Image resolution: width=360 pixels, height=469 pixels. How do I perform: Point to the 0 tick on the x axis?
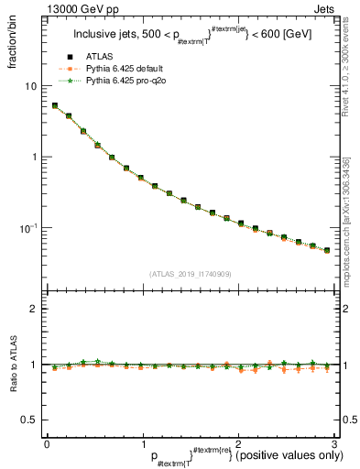47,442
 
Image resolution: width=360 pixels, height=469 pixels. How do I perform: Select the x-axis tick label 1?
142,442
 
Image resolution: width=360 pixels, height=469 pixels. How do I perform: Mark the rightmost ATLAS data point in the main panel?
326,249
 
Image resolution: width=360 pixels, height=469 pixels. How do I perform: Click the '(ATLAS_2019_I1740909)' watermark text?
190,273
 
